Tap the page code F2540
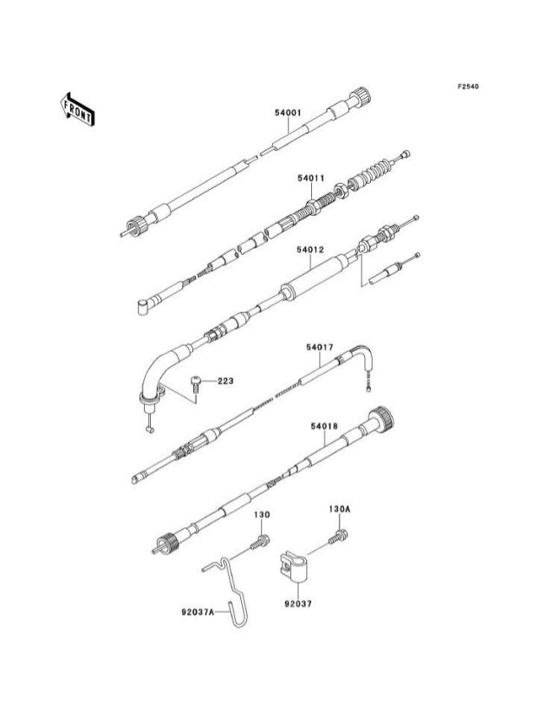(469, 87)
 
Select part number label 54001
(288, 113)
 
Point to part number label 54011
(310, 179)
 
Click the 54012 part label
(310, 250)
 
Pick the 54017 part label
(319, 347)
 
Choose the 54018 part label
(324, 426)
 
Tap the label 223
(225, 381)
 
